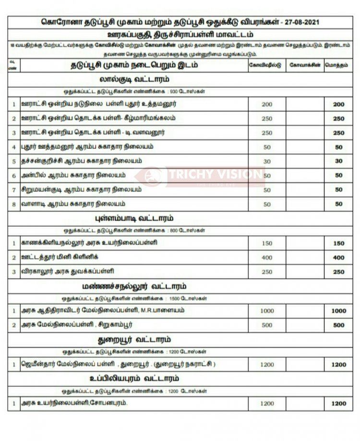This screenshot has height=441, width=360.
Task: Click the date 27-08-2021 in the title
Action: tap(300, 23)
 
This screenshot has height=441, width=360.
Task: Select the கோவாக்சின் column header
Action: tap(303, 64)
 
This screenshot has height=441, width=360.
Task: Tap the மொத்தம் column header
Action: tap(339, 64)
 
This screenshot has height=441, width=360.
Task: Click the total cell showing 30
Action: tap(339, 161)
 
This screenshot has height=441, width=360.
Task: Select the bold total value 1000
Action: tap(339, 311)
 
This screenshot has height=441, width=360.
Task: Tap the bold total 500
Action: tap(339, 325)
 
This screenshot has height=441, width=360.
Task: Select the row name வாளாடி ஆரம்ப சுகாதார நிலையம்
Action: tap(73, 204)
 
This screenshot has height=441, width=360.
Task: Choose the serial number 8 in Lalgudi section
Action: tap(14, 204)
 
